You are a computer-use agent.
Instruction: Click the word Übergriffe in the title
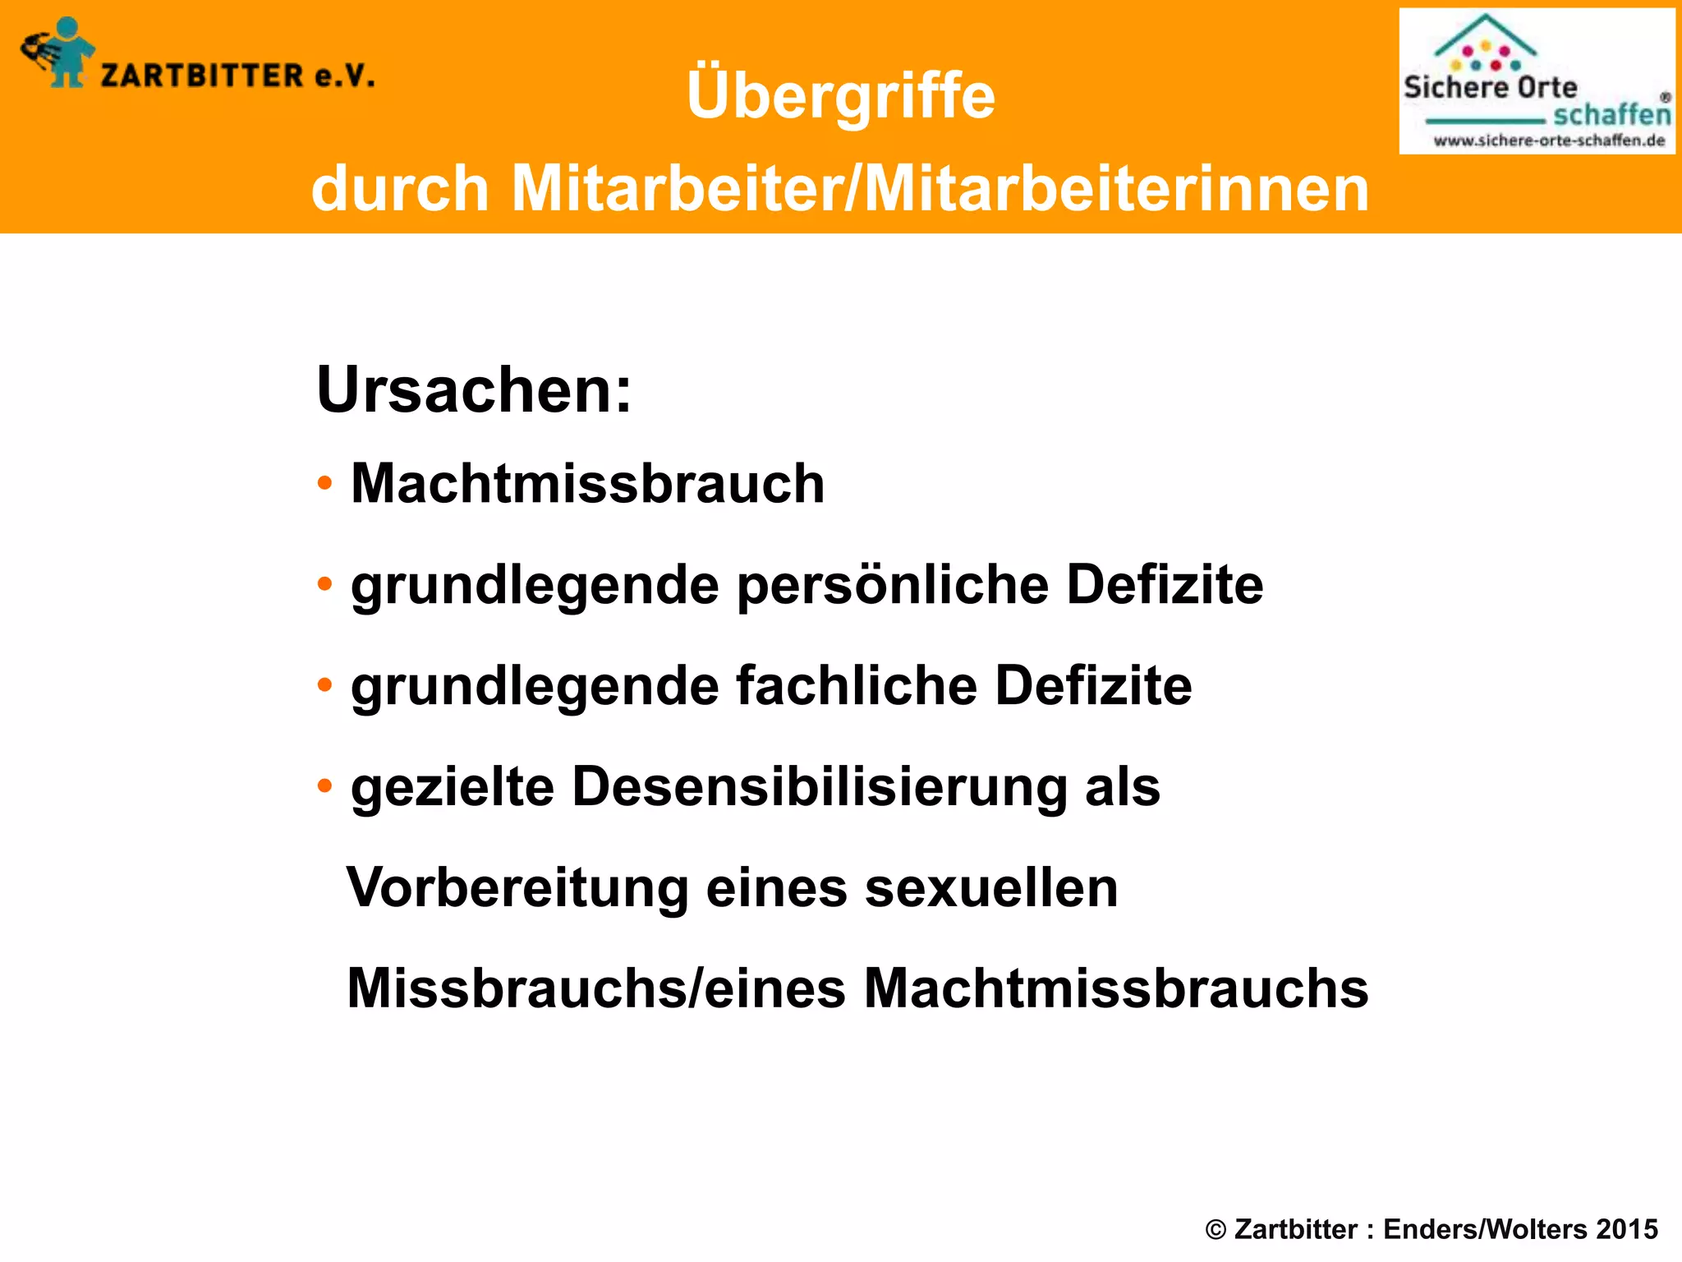pos(840,96)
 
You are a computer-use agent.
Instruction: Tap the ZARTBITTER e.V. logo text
pos(238,76)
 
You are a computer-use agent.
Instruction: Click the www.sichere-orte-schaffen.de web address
pos(1549,140)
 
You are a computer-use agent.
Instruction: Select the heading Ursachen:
pos(474,389)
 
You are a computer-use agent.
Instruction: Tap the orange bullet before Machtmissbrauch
pos(325,483)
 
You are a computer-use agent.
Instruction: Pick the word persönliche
pos(892,585)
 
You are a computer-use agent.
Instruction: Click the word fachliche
pos(856,686)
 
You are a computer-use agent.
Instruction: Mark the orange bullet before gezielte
pos(325,786)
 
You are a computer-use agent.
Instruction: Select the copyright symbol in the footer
pos(1216,1230)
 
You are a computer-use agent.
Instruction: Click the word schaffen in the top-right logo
pos(1611,114)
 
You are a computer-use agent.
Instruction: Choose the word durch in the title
pos(401,189)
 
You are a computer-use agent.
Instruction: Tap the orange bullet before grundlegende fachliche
pos(325,685)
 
